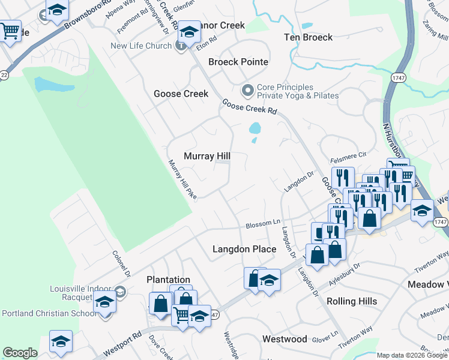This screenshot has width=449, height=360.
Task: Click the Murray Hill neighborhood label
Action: tap(207, 156)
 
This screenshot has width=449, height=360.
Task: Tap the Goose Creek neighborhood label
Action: tap(181, 94)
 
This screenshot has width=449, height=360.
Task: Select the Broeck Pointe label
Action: tap(238, 62)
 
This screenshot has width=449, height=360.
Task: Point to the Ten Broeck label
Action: tap(308, 37)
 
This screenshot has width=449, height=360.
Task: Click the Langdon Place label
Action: tap(244, 249)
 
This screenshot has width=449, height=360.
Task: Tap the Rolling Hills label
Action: tap(352, 301)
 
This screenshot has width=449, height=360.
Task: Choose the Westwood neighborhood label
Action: tap(285, 339)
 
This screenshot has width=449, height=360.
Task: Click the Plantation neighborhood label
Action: tap(168, 280)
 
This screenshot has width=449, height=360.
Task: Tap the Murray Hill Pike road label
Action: tap(182, 179)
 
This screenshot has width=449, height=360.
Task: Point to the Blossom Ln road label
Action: tap(263, 224)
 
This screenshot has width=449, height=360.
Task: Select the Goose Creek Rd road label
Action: tap(249, 107)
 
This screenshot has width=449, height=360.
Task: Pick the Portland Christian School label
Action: tap(49, 313)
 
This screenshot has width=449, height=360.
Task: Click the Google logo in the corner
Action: tap(20, 353)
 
